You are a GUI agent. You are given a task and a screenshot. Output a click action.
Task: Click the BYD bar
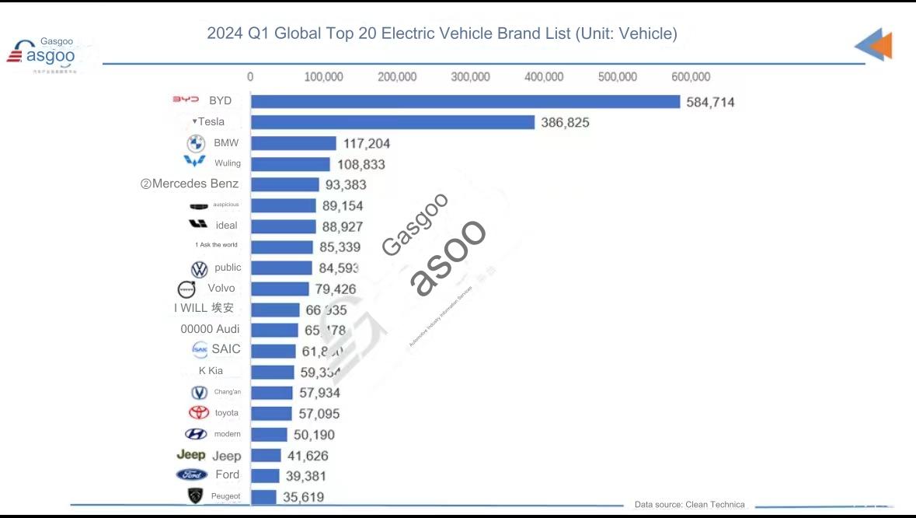tap(465, 102)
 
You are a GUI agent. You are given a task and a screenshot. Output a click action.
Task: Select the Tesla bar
tap(392, 122)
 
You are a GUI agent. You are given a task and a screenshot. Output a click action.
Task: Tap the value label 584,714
tap(710, 102)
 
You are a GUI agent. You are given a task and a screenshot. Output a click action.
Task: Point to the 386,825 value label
tap(565, 122)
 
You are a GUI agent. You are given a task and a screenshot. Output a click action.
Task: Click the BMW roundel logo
tap(196, 143)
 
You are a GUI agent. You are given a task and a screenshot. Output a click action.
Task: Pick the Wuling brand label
tap(228, 163)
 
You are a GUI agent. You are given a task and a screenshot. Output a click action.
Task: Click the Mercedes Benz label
tap(195, 184)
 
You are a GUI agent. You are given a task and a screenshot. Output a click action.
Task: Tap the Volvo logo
tap(187, 289)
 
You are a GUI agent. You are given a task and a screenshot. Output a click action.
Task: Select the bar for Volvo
tap(277, 289)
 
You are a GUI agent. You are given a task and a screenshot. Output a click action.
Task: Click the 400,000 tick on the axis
tap(544, 77)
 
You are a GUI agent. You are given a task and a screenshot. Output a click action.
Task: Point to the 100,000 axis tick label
tap(323, 77)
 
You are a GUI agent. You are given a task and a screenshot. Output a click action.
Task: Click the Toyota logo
tap(199, 413)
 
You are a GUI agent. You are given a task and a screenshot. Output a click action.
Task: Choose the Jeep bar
tap(266, 456)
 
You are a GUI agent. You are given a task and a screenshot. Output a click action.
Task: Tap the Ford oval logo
tap(191, 474)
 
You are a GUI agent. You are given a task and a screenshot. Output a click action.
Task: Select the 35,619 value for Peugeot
tap(303, 497)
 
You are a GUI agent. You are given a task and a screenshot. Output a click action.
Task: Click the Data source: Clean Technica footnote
tap(689, 505)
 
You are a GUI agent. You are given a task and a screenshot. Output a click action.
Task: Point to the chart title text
tap(441, 33)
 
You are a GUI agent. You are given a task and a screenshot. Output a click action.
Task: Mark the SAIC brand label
tap(226, 349)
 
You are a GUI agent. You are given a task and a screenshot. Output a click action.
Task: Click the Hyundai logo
tap(196, 434)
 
